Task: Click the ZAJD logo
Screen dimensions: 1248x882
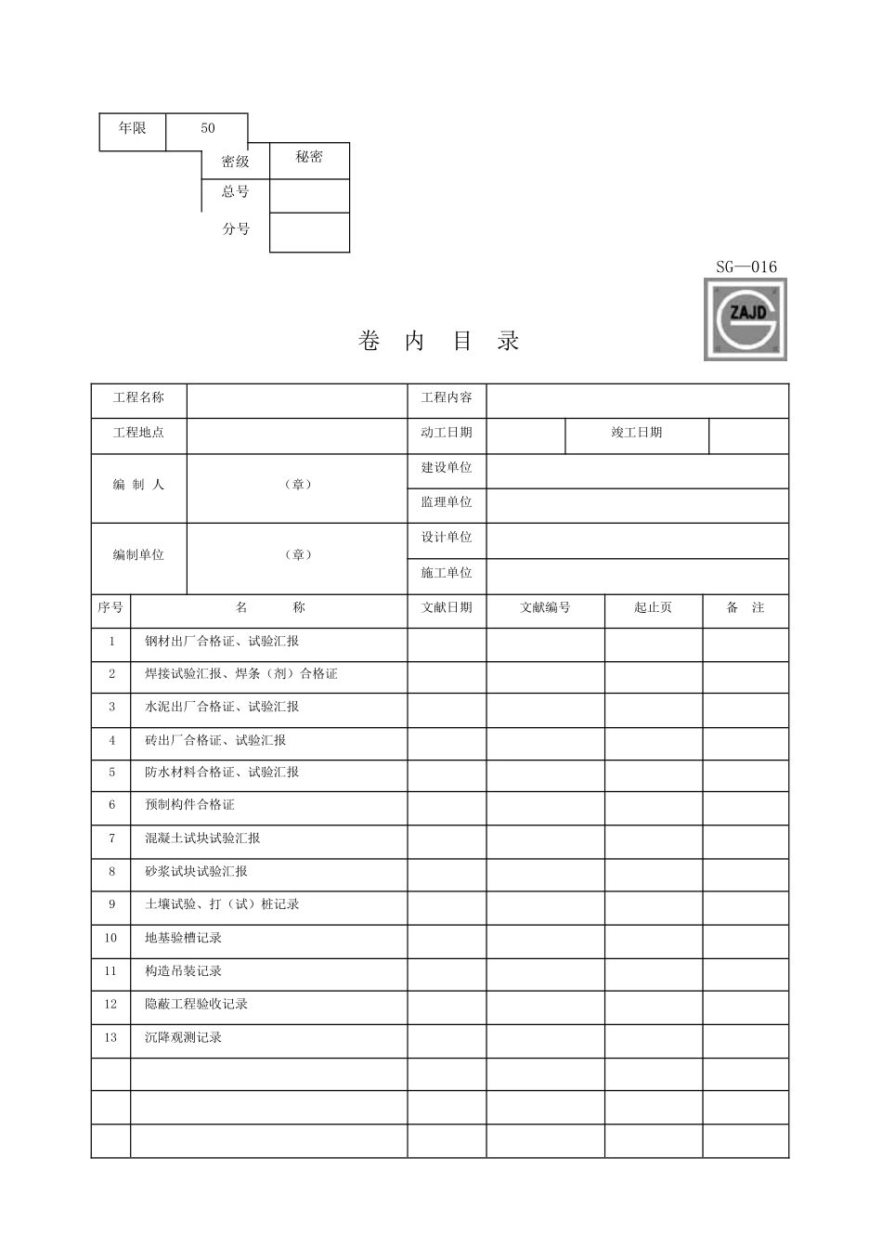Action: click(746, 319)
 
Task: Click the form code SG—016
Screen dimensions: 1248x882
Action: click(746, 267)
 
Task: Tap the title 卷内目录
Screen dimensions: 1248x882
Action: click(438, 341)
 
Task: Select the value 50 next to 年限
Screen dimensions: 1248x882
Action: click(207, 128)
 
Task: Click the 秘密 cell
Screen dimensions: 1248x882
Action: click(309, 158)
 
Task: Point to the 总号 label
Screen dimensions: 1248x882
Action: click(236, 192)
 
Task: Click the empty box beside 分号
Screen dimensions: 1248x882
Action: click(309, 232)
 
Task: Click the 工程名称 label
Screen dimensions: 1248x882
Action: click(138, 397)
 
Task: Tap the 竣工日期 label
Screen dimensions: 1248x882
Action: click(636, 433)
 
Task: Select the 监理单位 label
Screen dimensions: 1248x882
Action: click(447, 502)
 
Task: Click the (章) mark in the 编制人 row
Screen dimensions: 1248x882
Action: click(297, 485)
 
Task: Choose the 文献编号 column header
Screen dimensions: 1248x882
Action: click(545, 608)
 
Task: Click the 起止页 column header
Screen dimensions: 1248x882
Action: click(653, 608)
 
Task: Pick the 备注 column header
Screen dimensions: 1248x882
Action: click(745, 608)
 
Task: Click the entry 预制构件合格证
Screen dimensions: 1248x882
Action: click(189, 805)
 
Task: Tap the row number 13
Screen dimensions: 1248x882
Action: click(110, 1038)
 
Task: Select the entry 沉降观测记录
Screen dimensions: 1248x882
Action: click(183, 1038)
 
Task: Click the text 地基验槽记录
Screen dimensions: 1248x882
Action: click(183, 939)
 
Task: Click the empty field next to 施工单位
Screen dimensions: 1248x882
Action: click(637, 574)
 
